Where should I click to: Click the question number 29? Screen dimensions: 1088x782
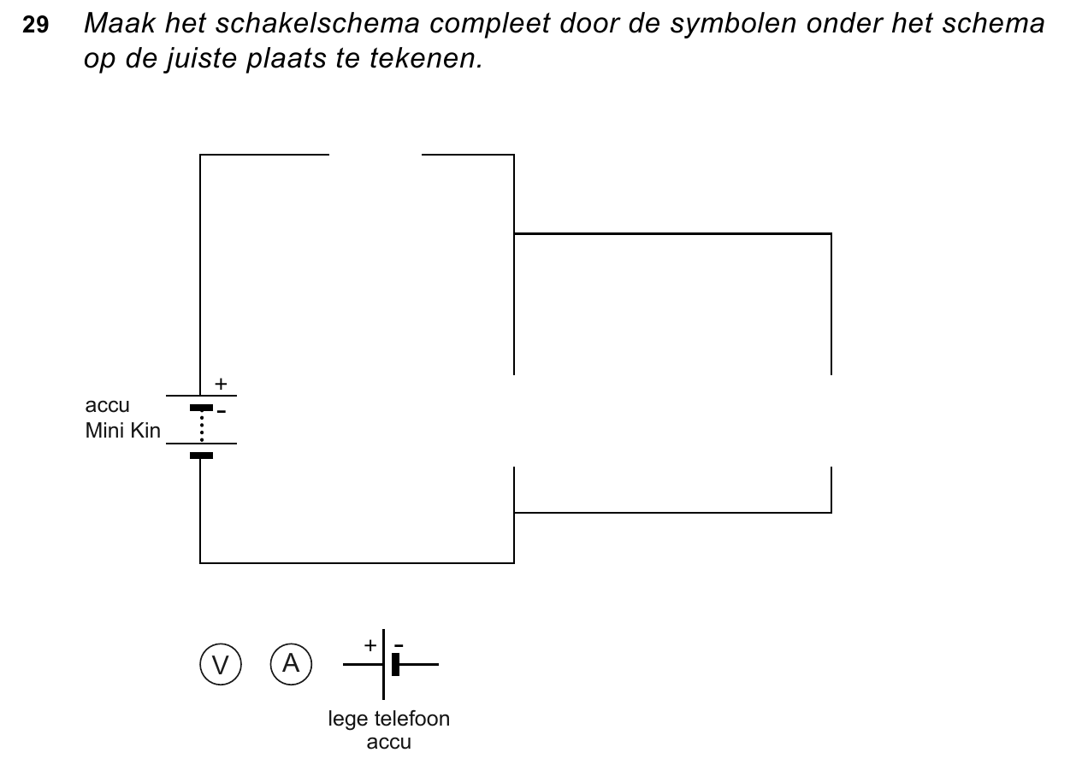[35, 25]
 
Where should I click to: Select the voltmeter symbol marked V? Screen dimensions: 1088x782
[221, 665]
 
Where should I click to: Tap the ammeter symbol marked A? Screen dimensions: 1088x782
[291, 664]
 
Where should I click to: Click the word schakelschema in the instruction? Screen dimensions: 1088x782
[317, 23]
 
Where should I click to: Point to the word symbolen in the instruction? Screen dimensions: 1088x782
[733, 24]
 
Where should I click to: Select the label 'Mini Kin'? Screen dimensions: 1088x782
[122, 431]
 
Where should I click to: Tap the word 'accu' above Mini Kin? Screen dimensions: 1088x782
[107, 406]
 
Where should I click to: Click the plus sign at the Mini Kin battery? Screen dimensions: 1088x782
[221, 384]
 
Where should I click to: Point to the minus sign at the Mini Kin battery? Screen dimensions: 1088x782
[222, 412]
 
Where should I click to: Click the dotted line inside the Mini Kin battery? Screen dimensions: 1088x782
[202, 426]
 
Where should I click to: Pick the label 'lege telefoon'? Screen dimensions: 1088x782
[388, 719]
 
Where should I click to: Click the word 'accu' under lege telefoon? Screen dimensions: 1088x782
[388, 743]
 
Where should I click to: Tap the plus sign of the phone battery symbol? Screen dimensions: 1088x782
[370, 645]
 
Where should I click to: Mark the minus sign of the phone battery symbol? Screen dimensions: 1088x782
[399, 645]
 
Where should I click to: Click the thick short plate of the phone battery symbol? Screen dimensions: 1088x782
[395, 665]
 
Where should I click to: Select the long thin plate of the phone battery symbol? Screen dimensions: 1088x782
[384, 665]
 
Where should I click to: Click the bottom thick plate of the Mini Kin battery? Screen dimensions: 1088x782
[201, 456]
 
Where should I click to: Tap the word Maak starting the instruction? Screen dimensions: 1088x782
[120, 23]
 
